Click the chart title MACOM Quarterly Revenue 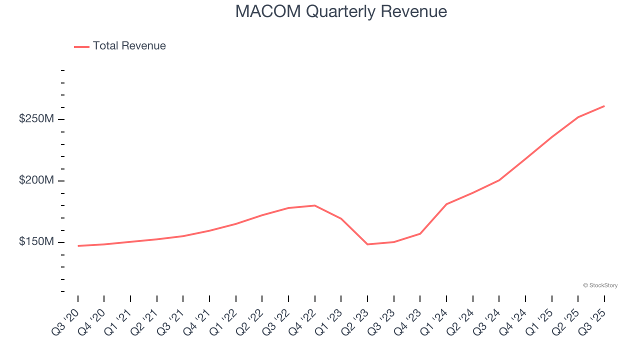coord(341,11)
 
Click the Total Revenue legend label coord(129,46)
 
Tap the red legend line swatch coord(81,46)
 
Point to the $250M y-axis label coord(36,119)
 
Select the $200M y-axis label coord(36,180)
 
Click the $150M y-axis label coord(36,242)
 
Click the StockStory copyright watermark coord(600,285)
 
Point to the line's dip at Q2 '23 coord(367,244)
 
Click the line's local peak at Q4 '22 coord(314,205)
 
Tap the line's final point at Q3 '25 coord(604,106)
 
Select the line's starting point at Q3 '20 coord(78,246)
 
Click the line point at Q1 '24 coord(446,204)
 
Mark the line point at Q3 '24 coord(499,180)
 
